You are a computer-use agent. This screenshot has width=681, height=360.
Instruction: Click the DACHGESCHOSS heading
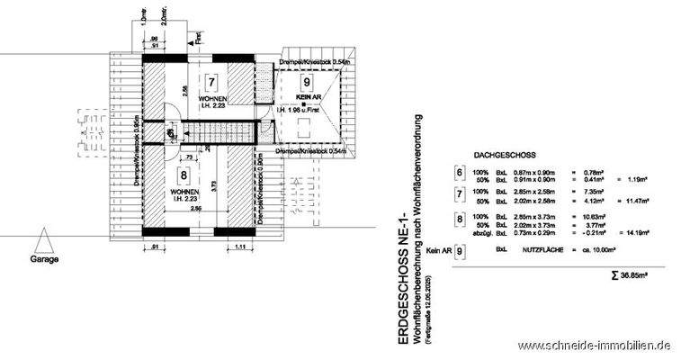(498, 155)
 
